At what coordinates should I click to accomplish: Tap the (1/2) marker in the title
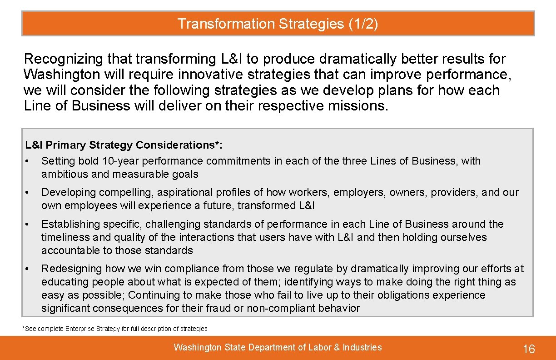363,24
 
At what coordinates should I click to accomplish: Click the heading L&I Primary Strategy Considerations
124,145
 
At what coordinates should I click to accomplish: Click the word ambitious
61,174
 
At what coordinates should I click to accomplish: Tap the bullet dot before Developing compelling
28,193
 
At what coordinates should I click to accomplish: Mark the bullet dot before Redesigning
28,269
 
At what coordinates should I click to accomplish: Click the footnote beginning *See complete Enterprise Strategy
115,329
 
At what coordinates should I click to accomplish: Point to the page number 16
529,349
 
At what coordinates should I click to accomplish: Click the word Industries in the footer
362,348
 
